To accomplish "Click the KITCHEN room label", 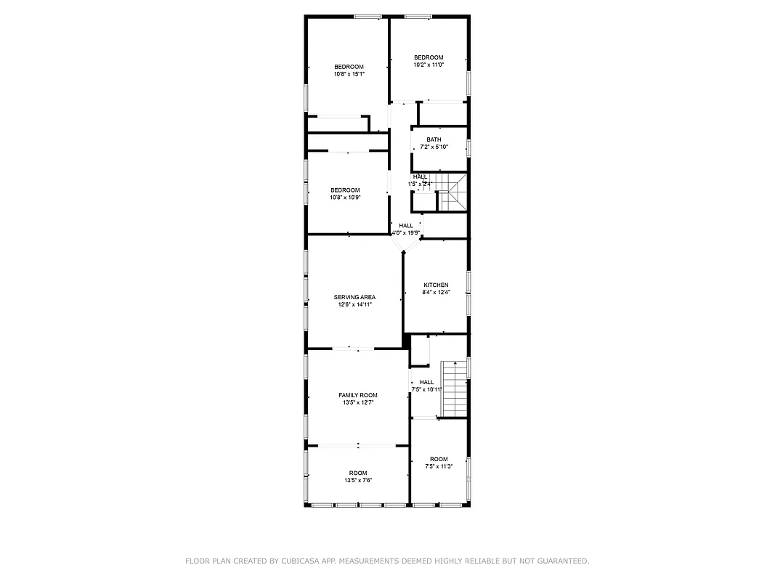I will pos(436,285).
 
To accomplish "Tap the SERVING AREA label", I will pos(354,297).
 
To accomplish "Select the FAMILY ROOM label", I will pos(358,395).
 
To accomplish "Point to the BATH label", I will pos(434,139).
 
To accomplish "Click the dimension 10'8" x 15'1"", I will pos(349,74).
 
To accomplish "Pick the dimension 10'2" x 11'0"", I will pos(429,65).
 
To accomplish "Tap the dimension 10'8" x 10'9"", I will pos(345,198).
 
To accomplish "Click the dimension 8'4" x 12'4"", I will pos(436,293).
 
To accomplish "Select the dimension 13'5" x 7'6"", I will pos(358,481).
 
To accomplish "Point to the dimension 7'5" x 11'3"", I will pos(439,467).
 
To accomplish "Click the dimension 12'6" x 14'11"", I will pos(354,305).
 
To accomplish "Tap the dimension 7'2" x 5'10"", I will pos(434,147).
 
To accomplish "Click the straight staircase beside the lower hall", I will pos(454,388).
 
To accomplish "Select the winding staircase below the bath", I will pos(454,195).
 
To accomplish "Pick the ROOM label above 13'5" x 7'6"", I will pos(358,473).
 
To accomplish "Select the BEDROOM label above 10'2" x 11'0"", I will pos(429,57).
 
